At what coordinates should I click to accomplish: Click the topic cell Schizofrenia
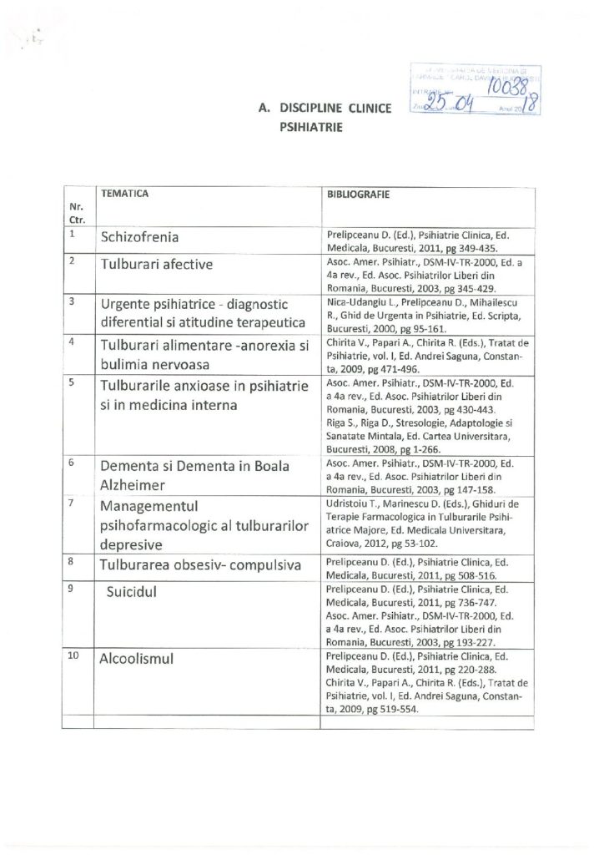coord(139,237)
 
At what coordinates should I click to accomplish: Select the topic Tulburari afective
coord(156,265)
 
